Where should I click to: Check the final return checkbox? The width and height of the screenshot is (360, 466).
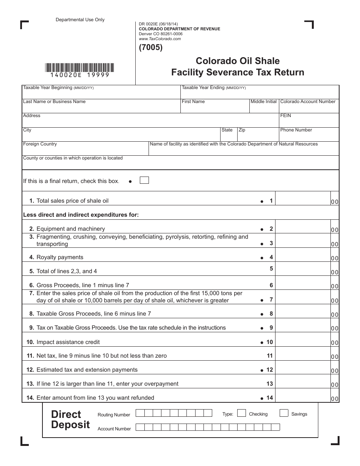(144, 180)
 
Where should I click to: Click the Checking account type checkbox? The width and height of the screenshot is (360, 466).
(241, 413)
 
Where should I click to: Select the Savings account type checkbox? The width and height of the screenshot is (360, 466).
(284, 413)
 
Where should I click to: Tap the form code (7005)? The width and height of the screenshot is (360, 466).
(151, 48)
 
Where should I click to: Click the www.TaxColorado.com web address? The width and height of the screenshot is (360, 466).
(160, 39)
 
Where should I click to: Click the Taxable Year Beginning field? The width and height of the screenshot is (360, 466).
(101, 94)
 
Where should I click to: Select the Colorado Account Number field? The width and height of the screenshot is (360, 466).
(309, 108)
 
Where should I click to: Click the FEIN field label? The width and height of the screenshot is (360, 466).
(286, 116)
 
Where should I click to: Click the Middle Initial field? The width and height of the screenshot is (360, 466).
(264, 108)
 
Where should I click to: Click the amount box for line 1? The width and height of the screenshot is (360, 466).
(303, 201)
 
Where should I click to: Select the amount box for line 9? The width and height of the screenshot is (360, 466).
(303, 328)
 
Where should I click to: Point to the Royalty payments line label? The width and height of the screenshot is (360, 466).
(59, 257)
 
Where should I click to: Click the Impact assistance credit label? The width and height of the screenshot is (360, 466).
(68, 342)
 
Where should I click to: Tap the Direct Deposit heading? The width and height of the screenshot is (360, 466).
(70, 419)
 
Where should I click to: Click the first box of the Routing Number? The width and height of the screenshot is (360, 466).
(140, 413)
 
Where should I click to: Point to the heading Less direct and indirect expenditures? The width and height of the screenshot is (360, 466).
(81, 215)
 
